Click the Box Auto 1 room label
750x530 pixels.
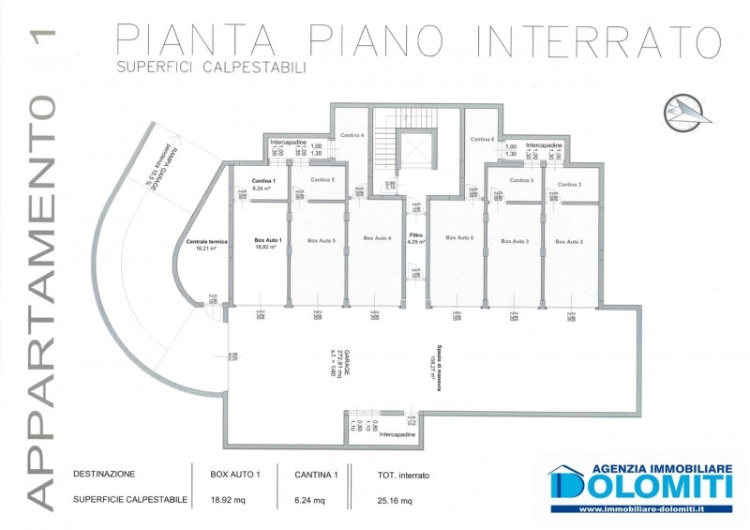tap(270, 241)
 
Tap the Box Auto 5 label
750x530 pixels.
tap(322, 241)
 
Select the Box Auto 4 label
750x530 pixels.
tap(377, 237)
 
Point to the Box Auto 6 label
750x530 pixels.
tap(459, 237)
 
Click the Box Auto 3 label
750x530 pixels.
tap(515, 241)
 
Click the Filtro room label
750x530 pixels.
tap(416, 235)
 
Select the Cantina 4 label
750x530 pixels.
tap(352, 135)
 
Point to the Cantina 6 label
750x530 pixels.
tap(482, 140)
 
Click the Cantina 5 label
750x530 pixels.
tap(322, 178)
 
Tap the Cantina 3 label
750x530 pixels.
tap(522, 180)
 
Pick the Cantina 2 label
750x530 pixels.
tap(570, 185)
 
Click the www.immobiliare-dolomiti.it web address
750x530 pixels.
tap(642, 509)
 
